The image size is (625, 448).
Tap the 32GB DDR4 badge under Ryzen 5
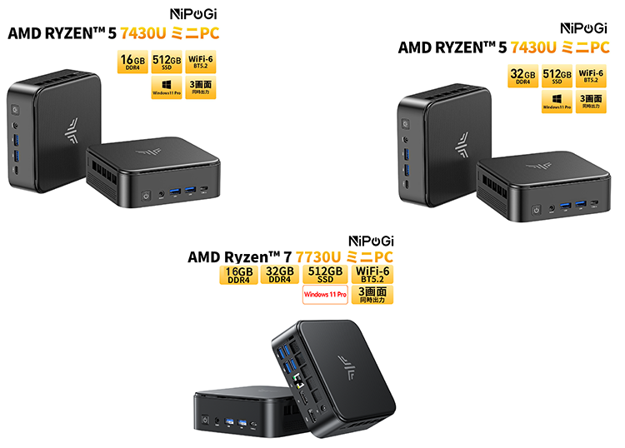tap(523, 75)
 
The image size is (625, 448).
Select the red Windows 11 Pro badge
tap(325, 294)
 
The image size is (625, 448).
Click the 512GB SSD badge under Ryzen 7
tap(325, 274)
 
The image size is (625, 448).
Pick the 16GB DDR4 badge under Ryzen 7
tap(238, 274)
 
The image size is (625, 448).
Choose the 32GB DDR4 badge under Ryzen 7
tap(279, 274)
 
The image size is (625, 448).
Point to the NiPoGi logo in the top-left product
tap(194, 14)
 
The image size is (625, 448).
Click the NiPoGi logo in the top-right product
tap(584, 27)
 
